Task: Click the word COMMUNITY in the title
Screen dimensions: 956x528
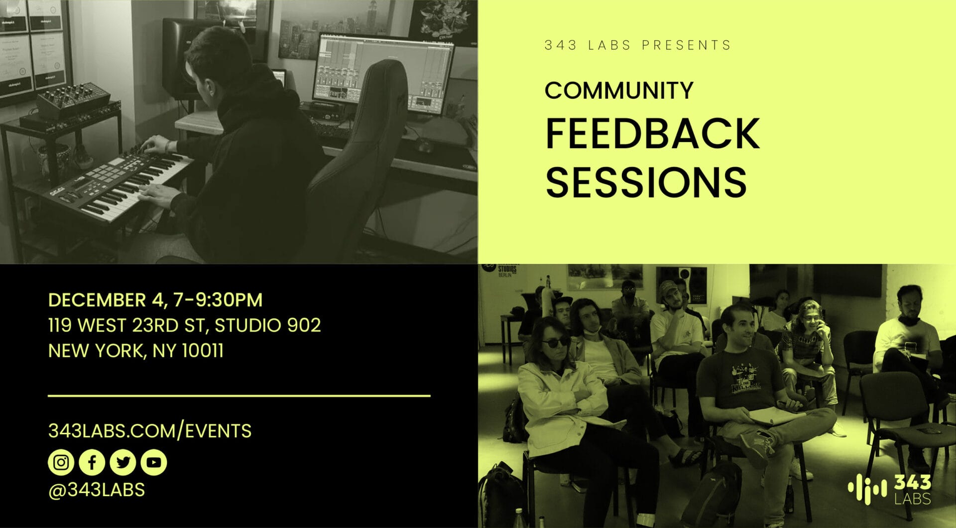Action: (619, 90)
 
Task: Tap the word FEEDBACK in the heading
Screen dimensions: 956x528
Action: (653, 134)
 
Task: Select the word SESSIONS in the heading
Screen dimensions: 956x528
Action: (646, 181)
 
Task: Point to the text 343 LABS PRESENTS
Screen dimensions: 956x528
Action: (637, 45)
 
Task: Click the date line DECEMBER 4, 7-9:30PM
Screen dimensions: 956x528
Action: (155, 300)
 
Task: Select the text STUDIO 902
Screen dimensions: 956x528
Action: (268, 326)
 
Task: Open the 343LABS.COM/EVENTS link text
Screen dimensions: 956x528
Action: (150, 431)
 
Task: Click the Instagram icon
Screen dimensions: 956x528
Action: (61, 462)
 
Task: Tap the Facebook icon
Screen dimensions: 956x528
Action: (92, 462)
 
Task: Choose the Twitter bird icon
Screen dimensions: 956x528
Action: (122, 462)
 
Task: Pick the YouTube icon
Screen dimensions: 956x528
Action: (154, 462)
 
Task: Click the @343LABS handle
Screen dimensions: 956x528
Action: (97, 490)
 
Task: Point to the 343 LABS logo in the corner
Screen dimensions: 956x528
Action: (889, 489)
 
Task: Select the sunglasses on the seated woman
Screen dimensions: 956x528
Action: (554, 343)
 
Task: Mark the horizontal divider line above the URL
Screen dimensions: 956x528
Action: (239, 396)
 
